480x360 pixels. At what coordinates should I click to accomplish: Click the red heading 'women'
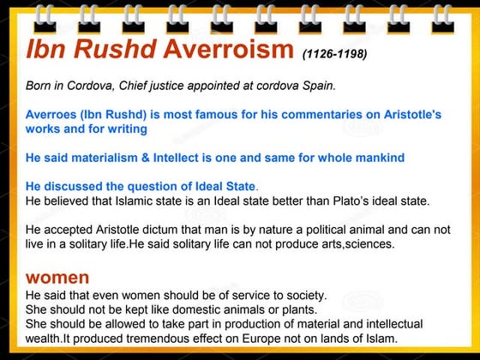point(57,278)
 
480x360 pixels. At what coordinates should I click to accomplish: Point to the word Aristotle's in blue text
point(405,114)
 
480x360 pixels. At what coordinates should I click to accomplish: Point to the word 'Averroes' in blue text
point(52,114)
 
